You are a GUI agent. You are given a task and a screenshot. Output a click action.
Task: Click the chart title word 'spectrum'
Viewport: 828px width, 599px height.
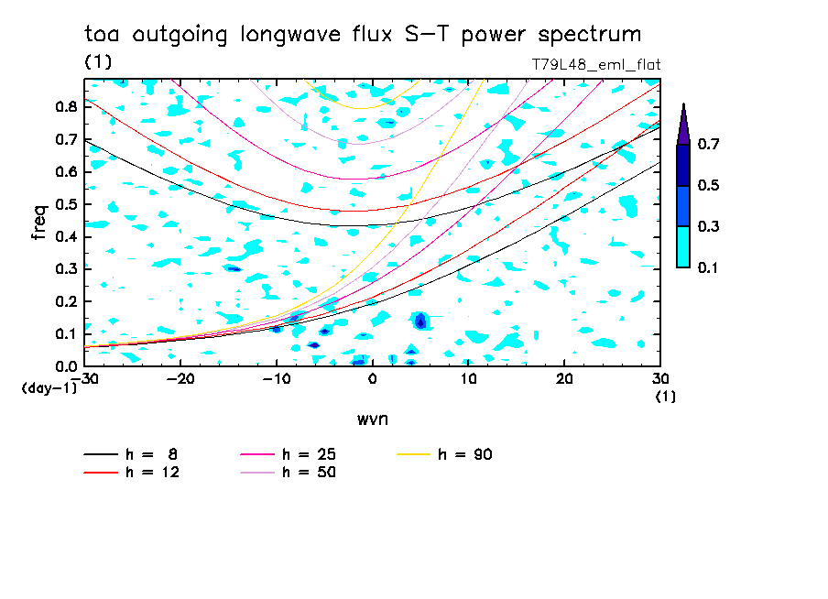point(592,35)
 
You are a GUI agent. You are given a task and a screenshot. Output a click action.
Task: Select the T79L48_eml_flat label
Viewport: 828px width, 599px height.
point(595,64)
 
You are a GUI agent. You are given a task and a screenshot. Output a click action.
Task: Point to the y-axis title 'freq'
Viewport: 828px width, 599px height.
point(38,223)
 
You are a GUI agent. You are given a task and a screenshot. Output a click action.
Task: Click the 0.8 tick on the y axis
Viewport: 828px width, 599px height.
point(65,106)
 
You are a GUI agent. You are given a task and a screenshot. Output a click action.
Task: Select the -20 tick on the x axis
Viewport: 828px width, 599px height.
point(180,379)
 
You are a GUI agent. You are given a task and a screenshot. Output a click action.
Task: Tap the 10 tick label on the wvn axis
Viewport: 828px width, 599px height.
point(468,379)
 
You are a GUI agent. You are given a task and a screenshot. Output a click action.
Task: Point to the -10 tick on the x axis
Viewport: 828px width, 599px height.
point(276,379)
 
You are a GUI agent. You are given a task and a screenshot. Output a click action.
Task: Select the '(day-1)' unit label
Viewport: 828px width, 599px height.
point(49,387)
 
